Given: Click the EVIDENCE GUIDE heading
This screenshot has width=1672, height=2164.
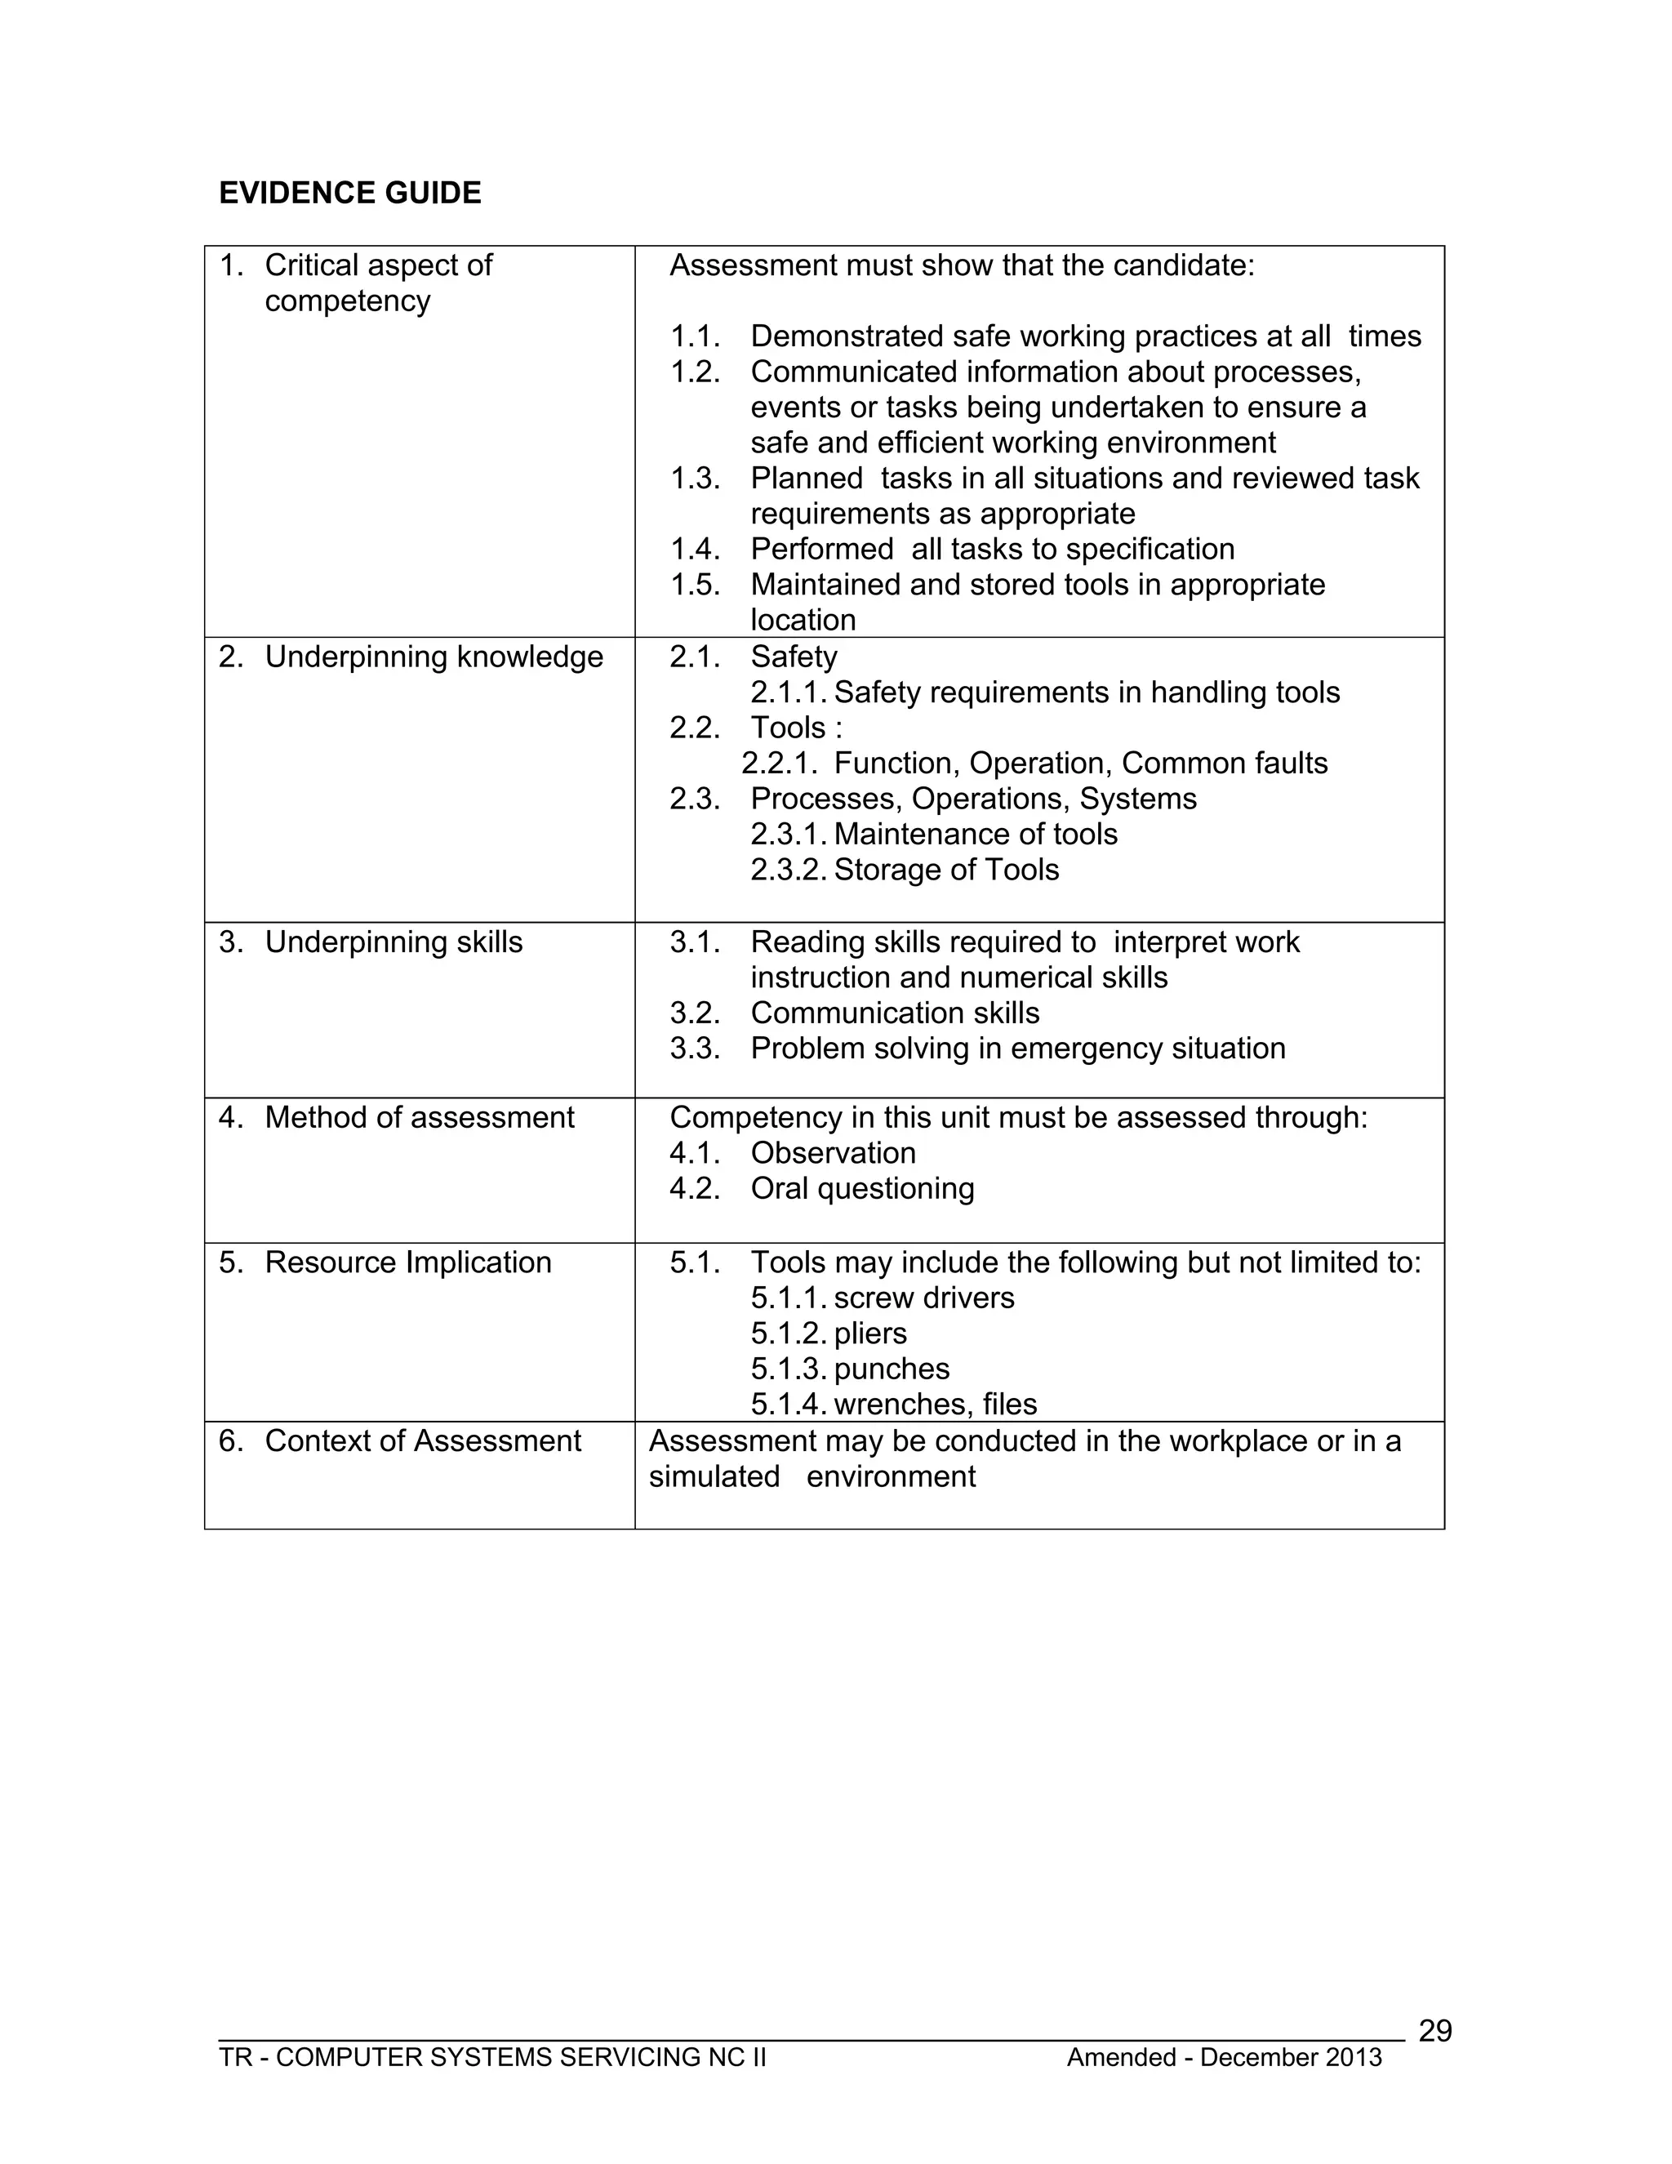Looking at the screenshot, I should point(349,194).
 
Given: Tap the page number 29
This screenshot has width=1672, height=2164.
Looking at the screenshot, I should point(1434,2030).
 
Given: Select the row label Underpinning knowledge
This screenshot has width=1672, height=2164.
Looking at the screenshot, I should point(433,657).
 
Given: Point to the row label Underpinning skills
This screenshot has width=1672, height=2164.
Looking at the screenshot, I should point(394,942).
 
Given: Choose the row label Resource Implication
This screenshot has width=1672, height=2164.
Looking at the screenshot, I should point(407,1262).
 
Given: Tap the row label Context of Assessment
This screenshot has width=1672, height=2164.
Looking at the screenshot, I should point(422,1440).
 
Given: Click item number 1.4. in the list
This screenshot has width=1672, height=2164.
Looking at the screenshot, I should point(695,549).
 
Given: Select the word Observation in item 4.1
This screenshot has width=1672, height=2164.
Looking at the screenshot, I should point(832,1152).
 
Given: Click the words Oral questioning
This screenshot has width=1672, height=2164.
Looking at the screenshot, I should point(862,1188).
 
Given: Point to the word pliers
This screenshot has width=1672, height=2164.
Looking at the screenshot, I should point(869,1333).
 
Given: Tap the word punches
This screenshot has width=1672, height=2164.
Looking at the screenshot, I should point(892,1369).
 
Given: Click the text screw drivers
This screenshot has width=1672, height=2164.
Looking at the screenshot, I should point(923,1298).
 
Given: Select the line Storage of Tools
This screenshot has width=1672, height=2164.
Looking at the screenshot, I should point(946,869).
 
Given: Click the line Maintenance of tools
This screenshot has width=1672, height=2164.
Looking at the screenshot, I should point(975,835).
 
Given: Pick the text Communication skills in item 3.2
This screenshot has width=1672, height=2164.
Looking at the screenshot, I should point(895,1013).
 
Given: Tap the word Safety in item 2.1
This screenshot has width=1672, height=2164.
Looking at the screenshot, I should point(794,657).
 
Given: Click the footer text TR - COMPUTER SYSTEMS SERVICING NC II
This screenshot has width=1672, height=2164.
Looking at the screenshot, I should point(492,2057).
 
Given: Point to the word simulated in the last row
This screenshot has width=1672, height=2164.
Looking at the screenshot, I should point(714,1476).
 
